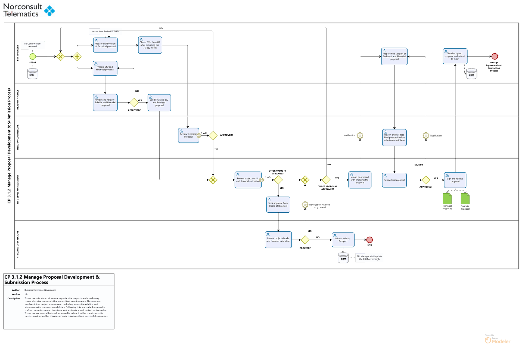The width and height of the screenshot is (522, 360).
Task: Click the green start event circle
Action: click(x=33, y=57)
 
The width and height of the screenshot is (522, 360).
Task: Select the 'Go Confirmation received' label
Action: click(x=33, y=45)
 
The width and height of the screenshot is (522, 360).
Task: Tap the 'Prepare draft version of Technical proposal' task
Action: click(x=105, y=45)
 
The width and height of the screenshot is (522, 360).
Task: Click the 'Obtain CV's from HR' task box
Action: click(x=150, y=45)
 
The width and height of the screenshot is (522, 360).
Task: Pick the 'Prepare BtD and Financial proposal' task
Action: click(x=105, y=68)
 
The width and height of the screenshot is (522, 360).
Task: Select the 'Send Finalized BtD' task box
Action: click(x=159, y=103)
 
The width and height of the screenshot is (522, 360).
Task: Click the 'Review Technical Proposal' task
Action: click(x=188, y=135)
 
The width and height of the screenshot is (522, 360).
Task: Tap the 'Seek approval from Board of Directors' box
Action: click(x=278, y=204)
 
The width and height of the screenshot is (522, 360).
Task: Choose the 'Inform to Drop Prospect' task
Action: click(x=343, y=240)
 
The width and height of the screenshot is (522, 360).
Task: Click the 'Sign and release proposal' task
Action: click(x=455, y=180)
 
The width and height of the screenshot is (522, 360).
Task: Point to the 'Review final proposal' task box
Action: click(x=394, y=180)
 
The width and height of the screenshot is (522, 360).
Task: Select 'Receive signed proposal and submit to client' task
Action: click(x=455, y=56)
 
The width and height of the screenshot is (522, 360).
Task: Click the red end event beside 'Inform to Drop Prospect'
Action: click(x=369, y=240)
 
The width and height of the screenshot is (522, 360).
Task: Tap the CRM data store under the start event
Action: click(x=32, y=74)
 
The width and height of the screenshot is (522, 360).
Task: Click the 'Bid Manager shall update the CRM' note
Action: click(x=369, y=258)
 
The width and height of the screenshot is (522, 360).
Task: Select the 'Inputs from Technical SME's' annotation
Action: click(x=105, y=32)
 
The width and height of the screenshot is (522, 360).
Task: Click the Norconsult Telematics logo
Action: click(x=29, y=10)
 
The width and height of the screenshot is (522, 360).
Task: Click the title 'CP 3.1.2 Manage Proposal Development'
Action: click(x=52, y=280)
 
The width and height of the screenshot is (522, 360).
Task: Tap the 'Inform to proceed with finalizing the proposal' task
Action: click(x=360, y=180)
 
